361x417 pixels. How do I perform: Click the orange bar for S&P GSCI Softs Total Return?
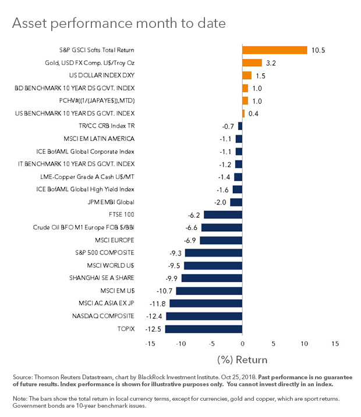(274, 50)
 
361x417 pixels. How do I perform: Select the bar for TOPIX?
(203, 329)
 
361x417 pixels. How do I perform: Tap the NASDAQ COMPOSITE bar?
(204, 316)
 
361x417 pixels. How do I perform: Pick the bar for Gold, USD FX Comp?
(252, 63)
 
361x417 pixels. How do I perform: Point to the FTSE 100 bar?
(222, 215)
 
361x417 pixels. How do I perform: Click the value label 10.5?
(318, 51)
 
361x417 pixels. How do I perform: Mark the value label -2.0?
(221, 202)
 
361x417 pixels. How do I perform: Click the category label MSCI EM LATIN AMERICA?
(98, 139)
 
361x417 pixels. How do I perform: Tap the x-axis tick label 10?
(304, 343)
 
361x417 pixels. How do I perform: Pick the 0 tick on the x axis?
(242, 343)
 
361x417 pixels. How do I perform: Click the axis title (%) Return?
(242, 358)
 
